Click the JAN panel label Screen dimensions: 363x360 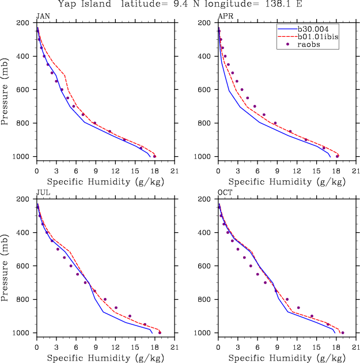click(x=43, y=16)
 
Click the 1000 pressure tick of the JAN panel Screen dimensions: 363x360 click(x=24, y=157)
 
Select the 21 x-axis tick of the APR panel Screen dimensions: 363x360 click(x=357, y=171)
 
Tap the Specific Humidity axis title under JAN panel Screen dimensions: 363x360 click(x=105, y=181)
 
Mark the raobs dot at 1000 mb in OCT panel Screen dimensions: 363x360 click(x=343, y=332)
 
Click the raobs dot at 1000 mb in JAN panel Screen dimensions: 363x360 click(x=154, y=156)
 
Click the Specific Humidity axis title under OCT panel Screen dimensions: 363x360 click(x=286, y=357)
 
